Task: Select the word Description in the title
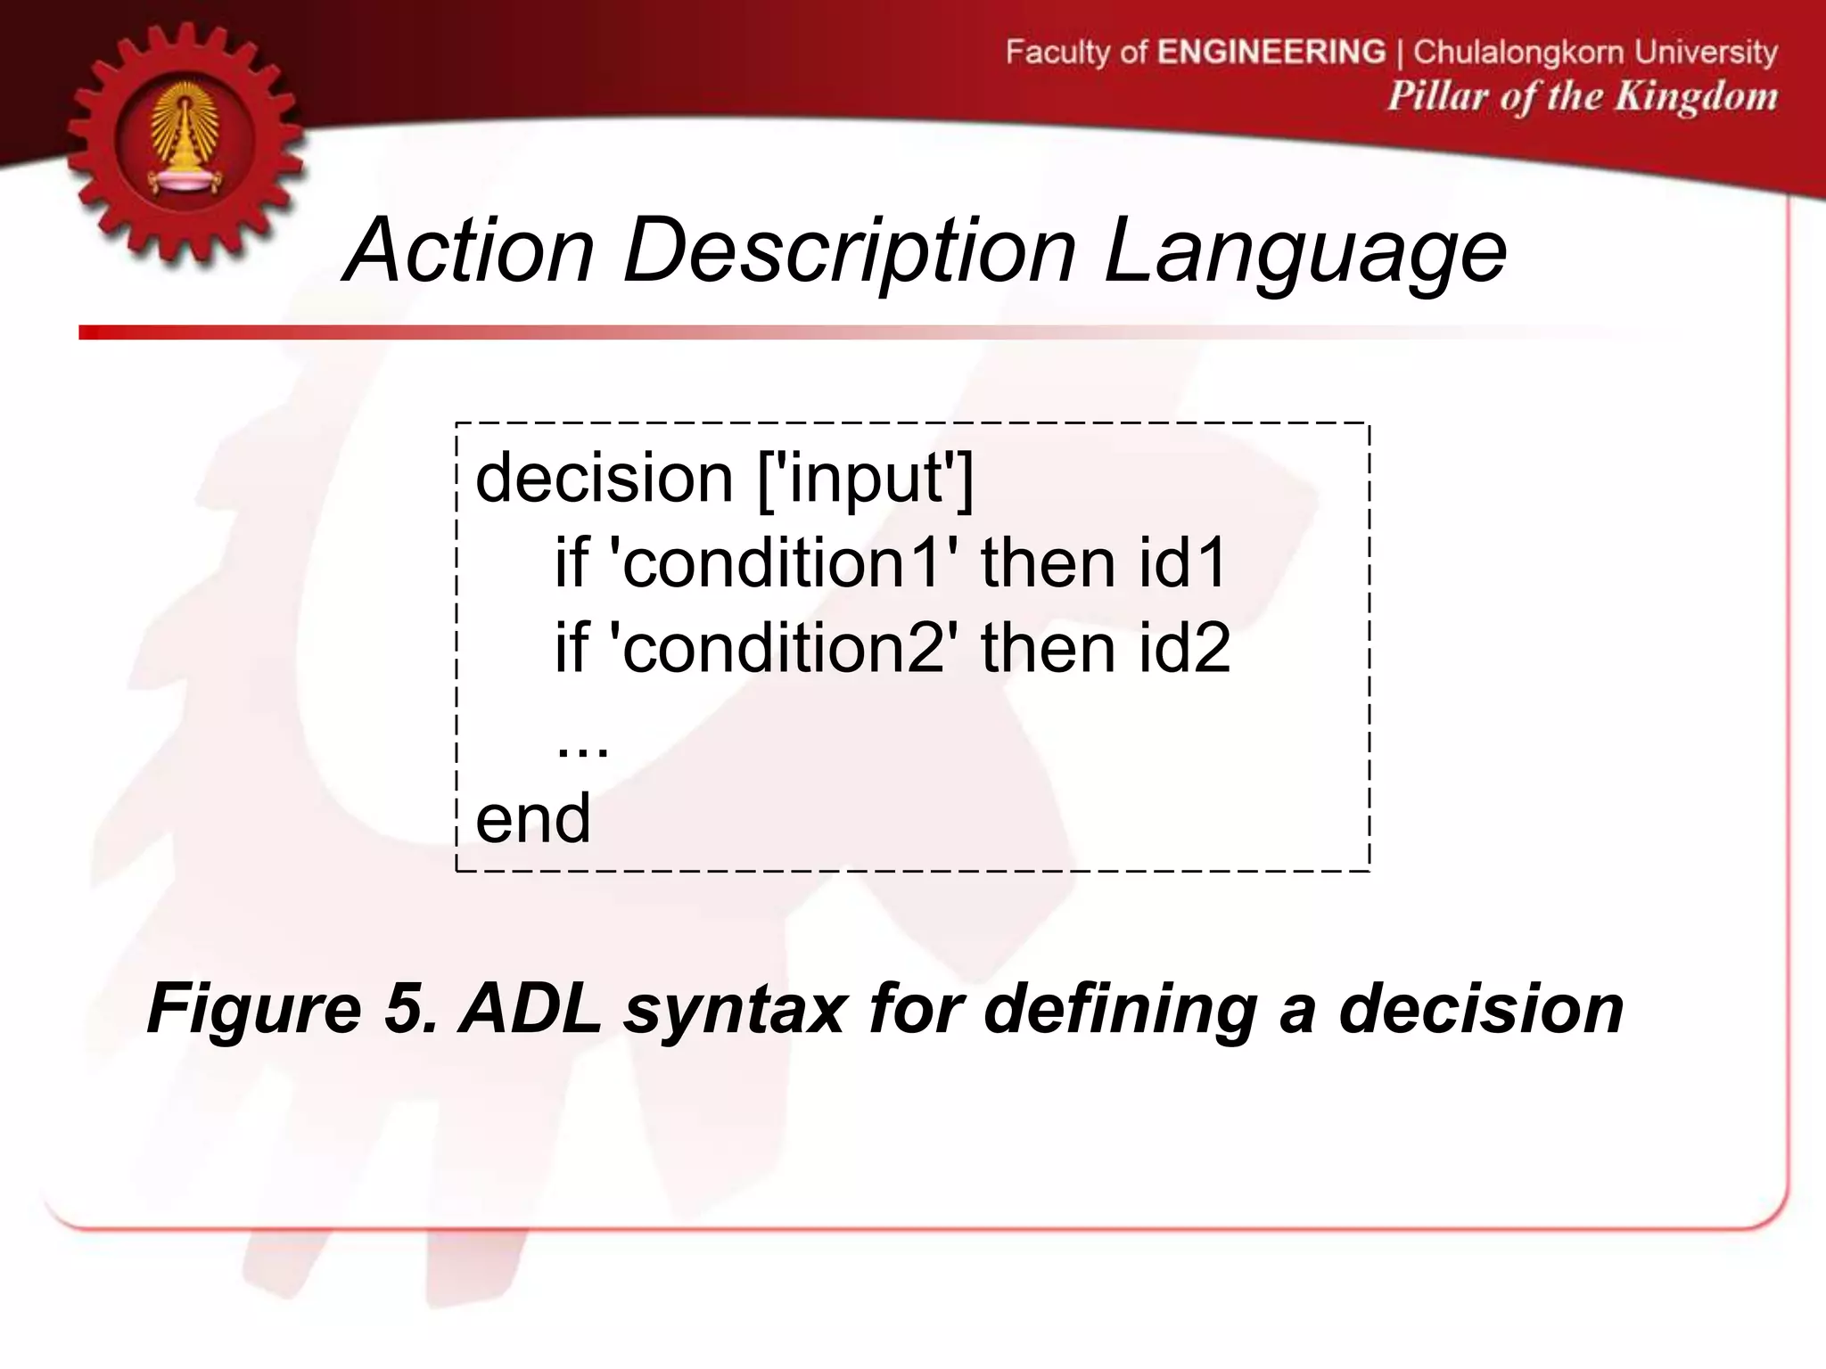tap(849, 252)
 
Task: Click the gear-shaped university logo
tap(185, 143)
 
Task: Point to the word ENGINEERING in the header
tap(1271, 52)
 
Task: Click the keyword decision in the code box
tap(604, 479)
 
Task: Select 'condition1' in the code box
tap(782, 563)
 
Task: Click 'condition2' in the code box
tap(782, 648)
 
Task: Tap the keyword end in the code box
tap(532, 818)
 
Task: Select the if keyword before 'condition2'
tap(571, 648)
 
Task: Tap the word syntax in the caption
tap(733, 1010)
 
